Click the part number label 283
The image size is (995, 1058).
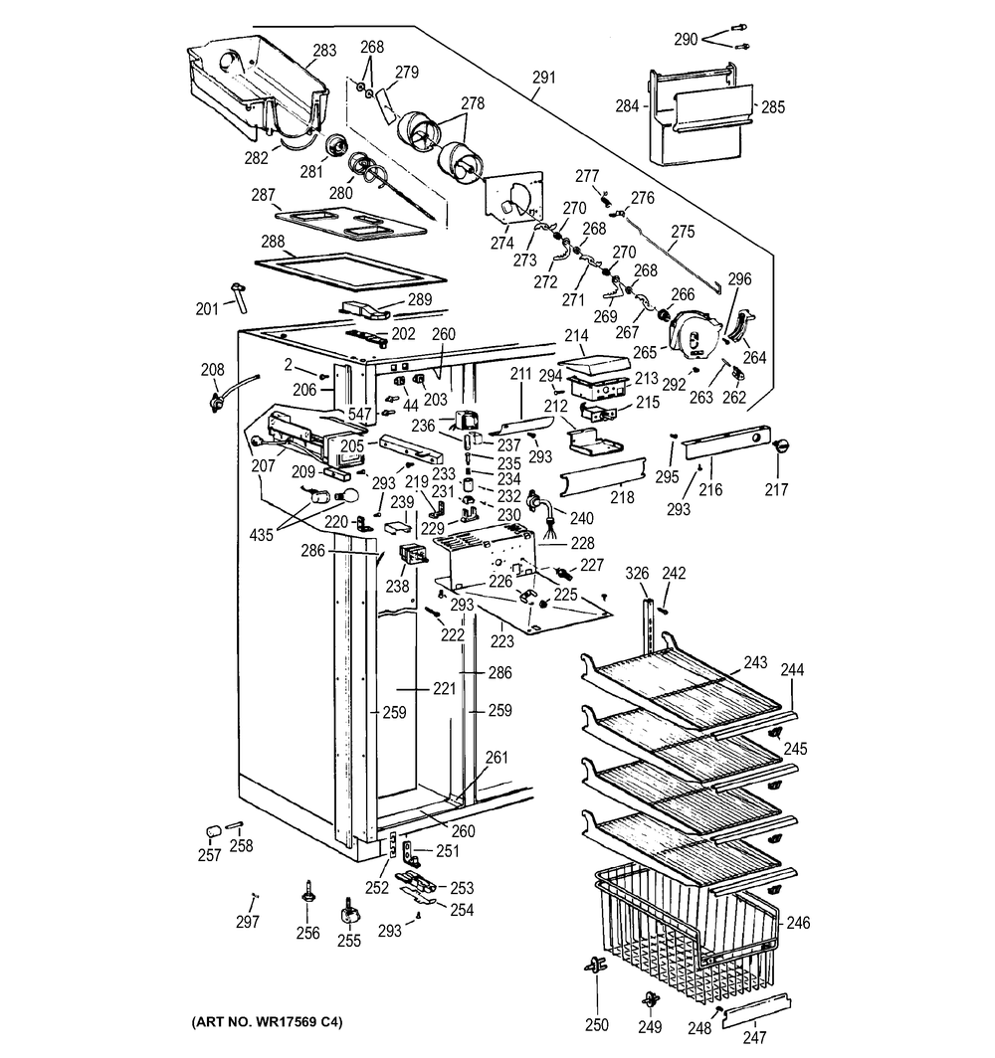(x=324, y=50)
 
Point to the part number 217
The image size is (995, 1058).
(x=776, y=489)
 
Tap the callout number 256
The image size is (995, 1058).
(x=308, y=933)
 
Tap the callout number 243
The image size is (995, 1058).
(x=755, y=661)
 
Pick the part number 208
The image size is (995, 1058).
(x=212, y=369)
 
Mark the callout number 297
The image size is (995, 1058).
(x=247, y=922)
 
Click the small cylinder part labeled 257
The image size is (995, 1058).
(x=211, y=830)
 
